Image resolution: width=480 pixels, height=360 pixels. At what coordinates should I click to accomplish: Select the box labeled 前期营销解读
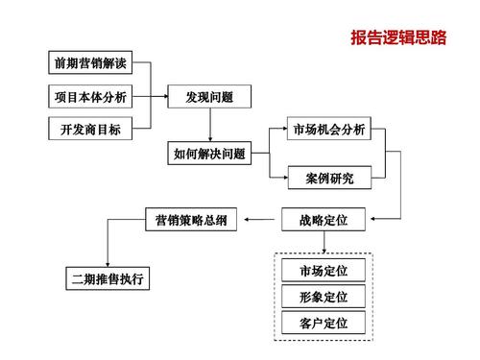coord(87,64)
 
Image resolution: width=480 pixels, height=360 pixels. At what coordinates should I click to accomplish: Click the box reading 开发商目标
coord(87,129)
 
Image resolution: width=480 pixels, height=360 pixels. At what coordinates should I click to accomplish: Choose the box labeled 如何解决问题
coord(209,153)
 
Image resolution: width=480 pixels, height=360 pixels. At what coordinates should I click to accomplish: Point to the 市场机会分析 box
coord(329,130)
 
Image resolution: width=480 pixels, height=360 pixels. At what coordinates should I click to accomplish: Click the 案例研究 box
coord(329,178)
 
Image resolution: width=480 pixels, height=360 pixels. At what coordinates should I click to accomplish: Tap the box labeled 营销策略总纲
coord(191,221)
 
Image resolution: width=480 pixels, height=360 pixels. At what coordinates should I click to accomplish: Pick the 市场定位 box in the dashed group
coord(324,270)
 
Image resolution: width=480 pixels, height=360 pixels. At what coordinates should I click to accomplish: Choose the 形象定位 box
coord(324,296)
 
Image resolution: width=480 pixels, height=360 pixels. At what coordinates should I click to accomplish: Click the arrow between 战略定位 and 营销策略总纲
coord(261,221)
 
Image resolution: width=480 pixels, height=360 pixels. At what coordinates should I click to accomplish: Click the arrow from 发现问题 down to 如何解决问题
coord(209,125)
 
